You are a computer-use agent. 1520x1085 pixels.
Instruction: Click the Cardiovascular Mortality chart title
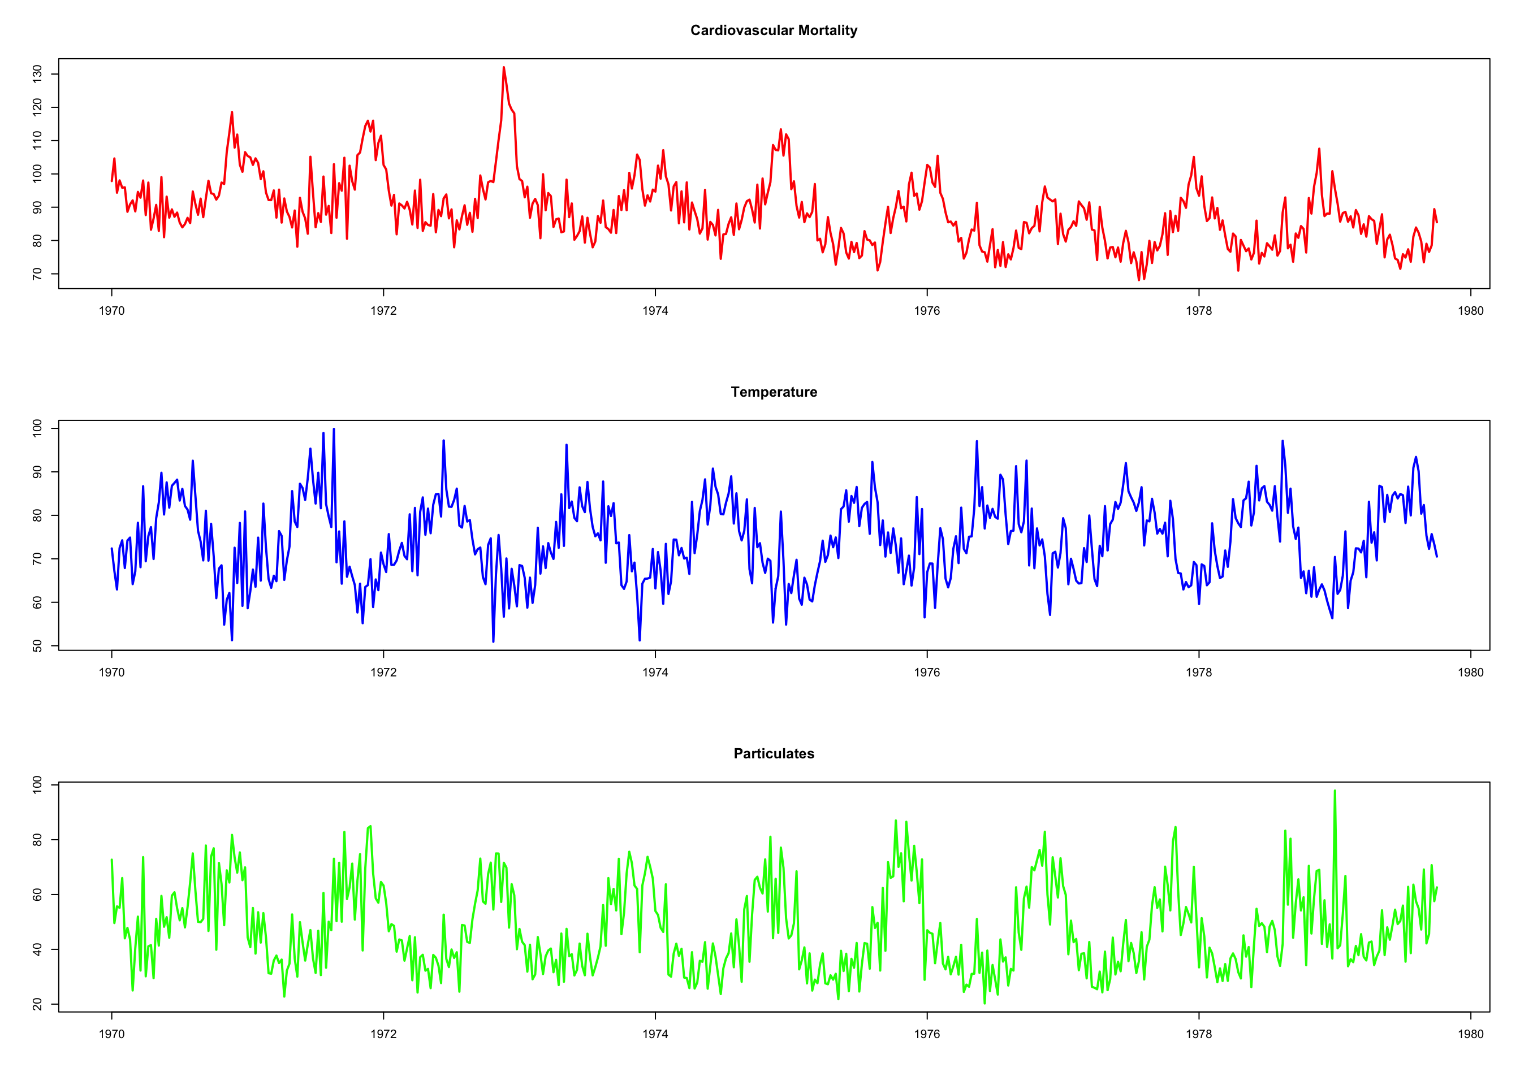774,30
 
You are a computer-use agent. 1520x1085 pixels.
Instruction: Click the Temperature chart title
774,392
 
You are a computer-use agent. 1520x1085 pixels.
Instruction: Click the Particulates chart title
774,754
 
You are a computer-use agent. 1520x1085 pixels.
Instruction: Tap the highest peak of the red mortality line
503,67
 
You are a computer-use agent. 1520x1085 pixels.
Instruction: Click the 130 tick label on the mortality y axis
37,73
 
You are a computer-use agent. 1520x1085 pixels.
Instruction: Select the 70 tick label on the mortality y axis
37,274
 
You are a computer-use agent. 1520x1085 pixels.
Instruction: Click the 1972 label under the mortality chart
383,311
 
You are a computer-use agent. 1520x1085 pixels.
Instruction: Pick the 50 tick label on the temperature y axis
37,646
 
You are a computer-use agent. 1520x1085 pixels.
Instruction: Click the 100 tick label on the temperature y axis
37,428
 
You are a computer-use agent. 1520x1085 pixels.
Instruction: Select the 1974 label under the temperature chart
655,672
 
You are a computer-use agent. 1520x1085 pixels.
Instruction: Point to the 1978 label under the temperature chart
1198,672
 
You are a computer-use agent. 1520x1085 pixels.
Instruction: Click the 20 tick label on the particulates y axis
37,1004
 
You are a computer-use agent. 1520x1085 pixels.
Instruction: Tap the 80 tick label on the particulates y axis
37,840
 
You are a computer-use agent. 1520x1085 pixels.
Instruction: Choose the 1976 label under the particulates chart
926,1034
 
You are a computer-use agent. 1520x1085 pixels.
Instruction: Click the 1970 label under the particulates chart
111,1034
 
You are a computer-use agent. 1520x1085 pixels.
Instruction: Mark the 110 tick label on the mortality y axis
37,140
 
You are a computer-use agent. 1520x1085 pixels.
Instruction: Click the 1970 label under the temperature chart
111,672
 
